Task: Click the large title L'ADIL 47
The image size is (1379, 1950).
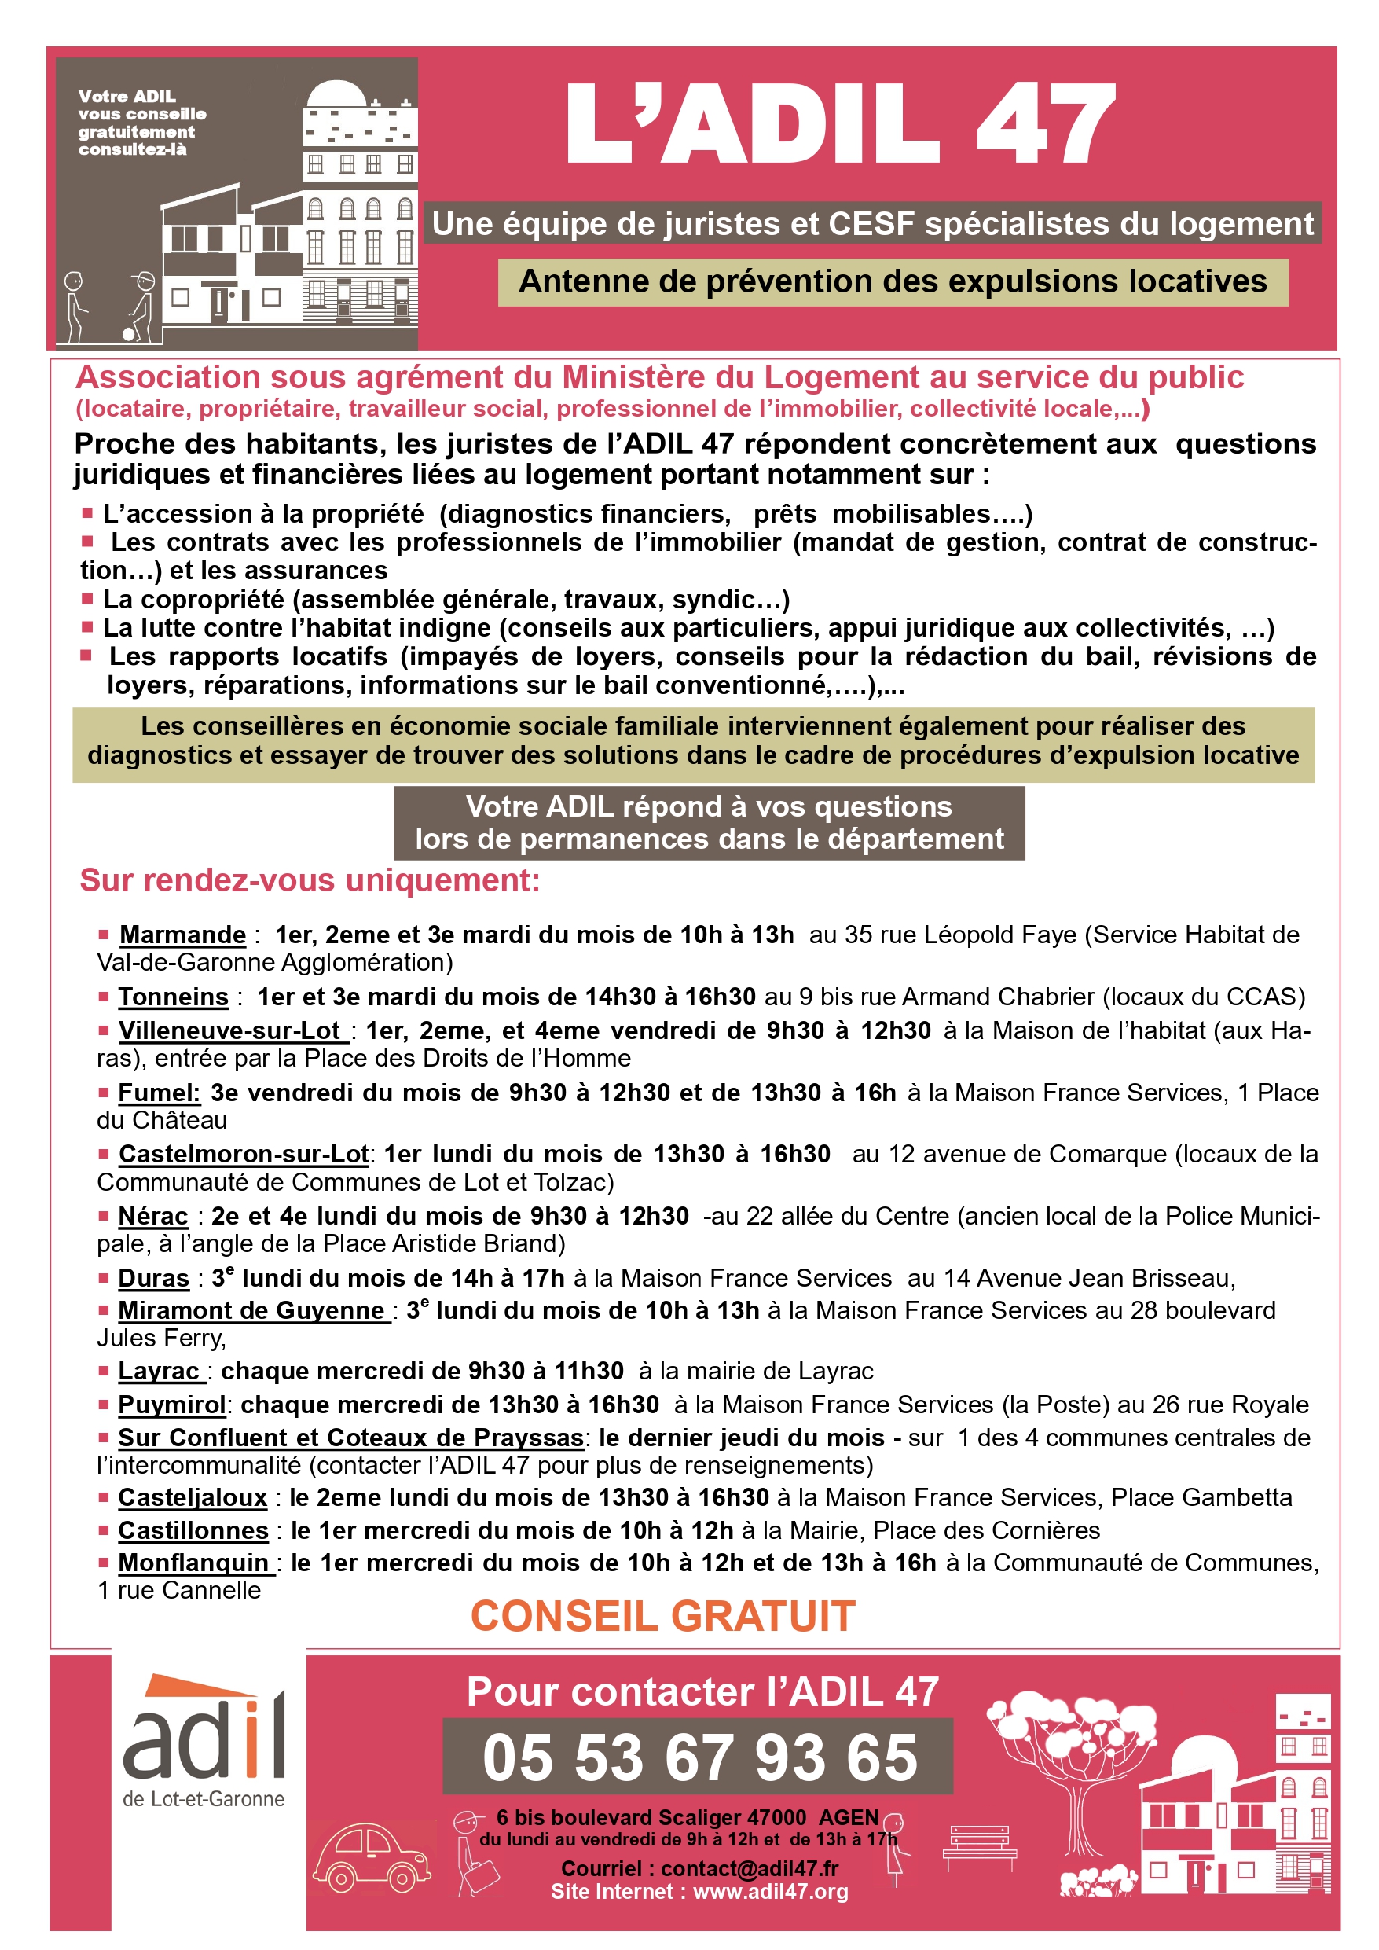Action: pos(839,123)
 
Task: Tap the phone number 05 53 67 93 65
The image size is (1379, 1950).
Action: pos(699,1757)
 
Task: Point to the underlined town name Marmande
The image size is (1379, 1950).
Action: pos(182,935)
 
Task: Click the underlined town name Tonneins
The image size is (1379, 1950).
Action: pos(173,997)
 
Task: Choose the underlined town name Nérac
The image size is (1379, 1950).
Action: pos(153,1215)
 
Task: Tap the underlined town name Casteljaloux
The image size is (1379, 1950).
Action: pos(193,1497)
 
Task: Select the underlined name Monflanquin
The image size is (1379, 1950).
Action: pos(193,1563)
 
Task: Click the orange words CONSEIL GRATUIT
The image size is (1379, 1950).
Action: pos(663,1615)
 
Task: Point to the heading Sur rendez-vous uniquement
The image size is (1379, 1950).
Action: pos(310,881)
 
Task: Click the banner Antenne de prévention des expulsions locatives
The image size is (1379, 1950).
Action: pos(893,281)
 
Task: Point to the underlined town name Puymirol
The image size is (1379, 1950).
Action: pos(171,1405)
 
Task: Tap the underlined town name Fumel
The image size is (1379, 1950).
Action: pos(159,1093)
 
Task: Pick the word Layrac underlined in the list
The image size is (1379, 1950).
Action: pos(159,1372)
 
